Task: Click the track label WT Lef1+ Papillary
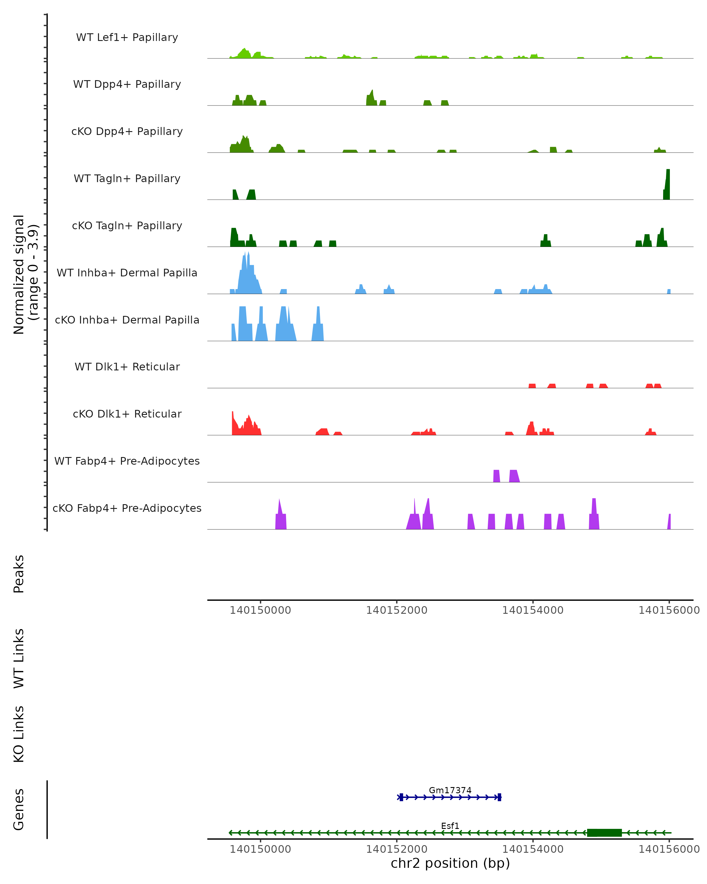tap(127, 37)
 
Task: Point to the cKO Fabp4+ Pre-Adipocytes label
tap(127, 508)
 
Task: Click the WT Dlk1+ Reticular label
tap(127, 367)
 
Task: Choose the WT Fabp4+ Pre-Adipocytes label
tap(127, 461)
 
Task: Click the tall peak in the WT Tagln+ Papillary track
tap(667, 184)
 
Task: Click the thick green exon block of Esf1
tap(604, 832)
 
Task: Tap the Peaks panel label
tap(19, 574)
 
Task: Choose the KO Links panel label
tap(19, 734)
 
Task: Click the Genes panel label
tap(19, 809)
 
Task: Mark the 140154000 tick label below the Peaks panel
tap(533, 610)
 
